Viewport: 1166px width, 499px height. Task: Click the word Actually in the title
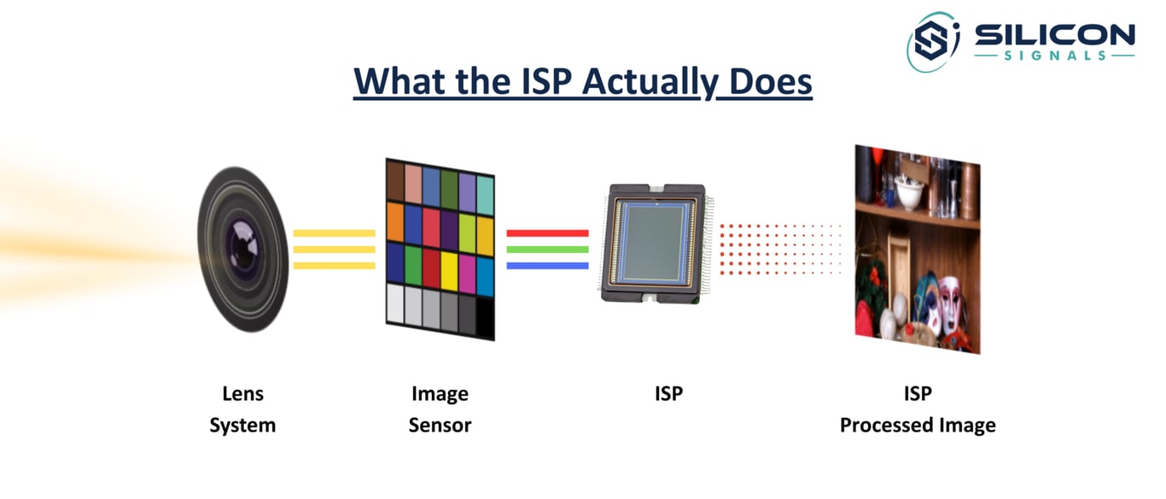click(650, 82)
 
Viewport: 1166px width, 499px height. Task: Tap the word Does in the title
click(771, 81)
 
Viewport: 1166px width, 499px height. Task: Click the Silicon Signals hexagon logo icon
click(932, 42)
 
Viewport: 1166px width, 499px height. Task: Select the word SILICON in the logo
click(1054, 35)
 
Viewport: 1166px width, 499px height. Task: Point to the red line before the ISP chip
click(547, 232)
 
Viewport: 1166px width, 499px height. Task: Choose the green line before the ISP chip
click(547, 249)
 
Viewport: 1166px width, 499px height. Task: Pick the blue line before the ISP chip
click(547, 266)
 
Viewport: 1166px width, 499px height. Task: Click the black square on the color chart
click(485, 318)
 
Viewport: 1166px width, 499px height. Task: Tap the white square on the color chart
click(395, 303)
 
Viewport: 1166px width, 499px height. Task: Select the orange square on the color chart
click(395, 222)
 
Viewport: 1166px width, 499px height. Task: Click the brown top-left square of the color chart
click(395, 180)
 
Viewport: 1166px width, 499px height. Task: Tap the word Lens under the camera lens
click(242, 393)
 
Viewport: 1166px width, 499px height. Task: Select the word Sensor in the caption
click(440, 425)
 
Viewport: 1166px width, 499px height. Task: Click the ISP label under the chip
click(668, 393)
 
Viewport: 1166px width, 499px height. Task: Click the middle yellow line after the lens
click(335, 249)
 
